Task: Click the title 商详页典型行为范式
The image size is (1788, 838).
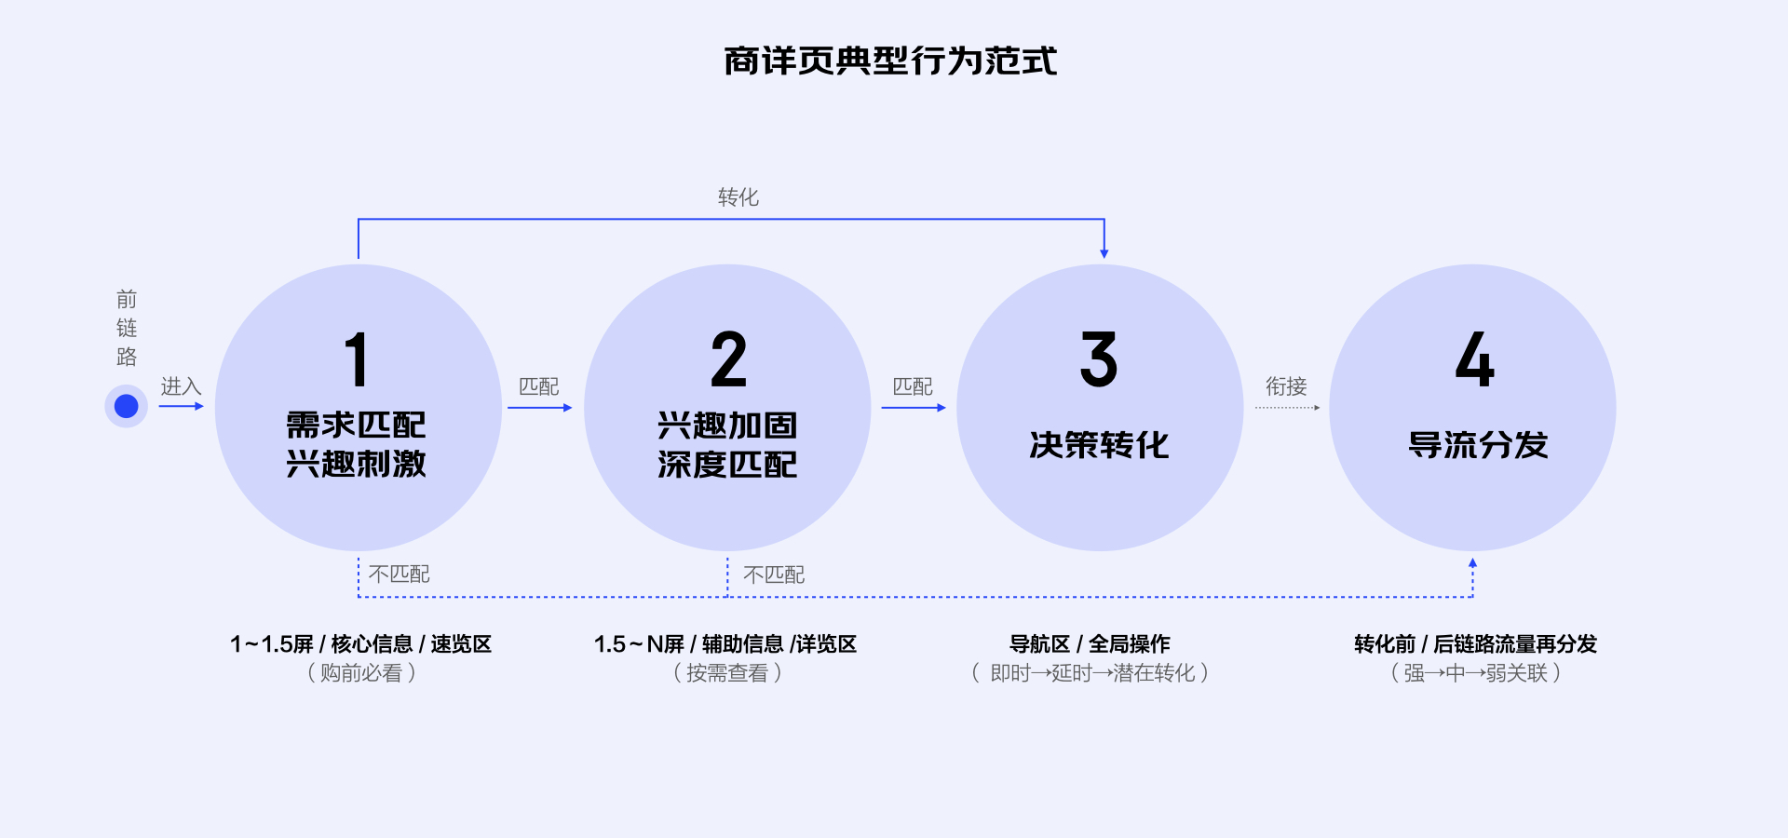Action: (890, 61)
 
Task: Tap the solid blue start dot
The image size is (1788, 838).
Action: (127, 406)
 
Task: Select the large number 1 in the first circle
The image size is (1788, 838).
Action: (357, 359)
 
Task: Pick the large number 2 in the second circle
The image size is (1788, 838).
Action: (728, 359)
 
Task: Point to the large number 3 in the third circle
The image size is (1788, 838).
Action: (1099, 359)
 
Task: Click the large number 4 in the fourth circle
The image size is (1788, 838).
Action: (1475, 359)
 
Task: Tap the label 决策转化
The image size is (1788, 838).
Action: (1099, 445)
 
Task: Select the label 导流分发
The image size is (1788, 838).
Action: (1478, 445)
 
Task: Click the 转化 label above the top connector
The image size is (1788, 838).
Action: (738, 197)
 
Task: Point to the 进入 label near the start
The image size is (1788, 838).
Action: (181, 386)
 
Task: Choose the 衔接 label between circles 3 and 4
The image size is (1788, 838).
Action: (1286, 386)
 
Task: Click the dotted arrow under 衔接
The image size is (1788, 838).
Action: (1287, 408)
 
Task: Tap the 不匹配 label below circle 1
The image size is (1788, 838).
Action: (400, 574)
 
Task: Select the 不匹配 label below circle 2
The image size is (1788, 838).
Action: (774, 574)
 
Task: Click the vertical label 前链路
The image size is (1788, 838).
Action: (127, 328)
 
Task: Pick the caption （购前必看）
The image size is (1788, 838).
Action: (361, 672)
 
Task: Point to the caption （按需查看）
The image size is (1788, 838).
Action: (727, 672)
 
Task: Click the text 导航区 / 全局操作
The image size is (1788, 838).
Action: (1090, 643)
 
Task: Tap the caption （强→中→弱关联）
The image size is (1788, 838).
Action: (1475, 672)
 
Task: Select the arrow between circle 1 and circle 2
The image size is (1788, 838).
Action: (540, 407)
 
